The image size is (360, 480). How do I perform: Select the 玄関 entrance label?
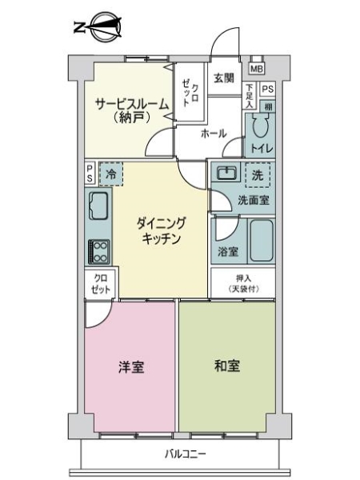225,78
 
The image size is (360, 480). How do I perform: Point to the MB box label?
257,68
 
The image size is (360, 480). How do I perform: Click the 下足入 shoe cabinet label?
250,95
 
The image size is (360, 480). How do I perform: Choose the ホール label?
214,133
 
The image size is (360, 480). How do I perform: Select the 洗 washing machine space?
258,174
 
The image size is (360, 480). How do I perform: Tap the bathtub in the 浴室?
262,239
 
